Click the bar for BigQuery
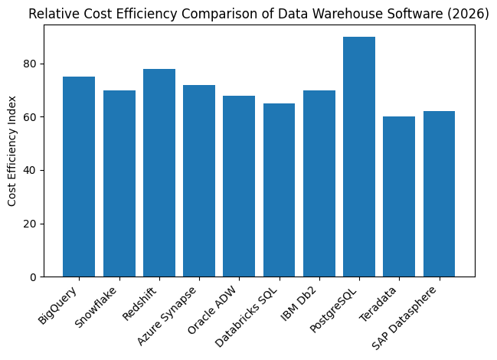79,177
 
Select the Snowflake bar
119,184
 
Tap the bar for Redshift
159,173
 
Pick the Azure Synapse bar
199,181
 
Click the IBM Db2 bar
319,184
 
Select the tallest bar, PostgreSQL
359,157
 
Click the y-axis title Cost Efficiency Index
12,151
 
